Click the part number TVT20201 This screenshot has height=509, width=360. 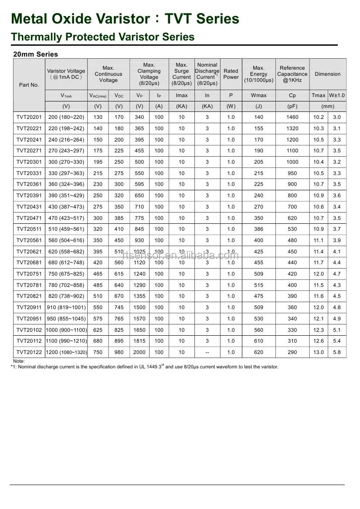pos(29,117)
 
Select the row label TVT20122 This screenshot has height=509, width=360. pos(29,352)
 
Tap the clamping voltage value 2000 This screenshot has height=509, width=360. pos(139,352)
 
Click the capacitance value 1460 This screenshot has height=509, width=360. pos(292,117)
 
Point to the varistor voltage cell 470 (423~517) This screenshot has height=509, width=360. pos(66,218)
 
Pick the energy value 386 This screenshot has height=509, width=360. pos(258,229)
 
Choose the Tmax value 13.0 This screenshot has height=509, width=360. pos(319,352)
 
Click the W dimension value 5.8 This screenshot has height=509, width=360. pos(337,352)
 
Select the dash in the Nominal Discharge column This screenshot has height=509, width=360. pos(207,352)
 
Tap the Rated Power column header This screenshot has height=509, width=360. pos(231,74)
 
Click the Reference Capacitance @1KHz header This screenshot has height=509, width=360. pos(292,74)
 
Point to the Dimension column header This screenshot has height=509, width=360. pos(328,74)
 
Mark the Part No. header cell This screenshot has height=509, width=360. pos(29,85)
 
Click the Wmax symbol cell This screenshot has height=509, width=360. pos(258,95)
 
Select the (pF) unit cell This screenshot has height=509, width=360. pos(292,106)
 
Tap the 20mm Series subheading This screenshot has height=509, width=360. pos(35,54)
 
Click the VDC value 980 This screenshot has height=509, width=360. pos(119,352)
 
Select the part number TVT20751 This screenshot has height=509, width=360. pos(29,274)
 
